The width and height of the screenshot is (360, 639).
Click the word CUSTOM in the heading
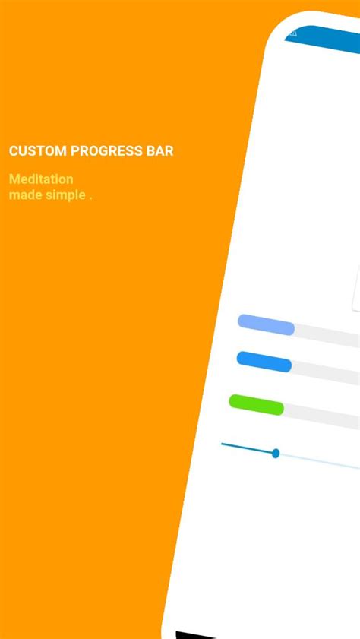point(37,150)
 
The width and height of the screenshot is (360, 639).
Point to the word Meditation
point(41,179)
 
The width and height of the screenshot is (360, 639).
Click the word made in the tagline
point(23,195)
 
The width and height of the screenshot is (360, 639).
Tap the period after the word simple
point(90,197)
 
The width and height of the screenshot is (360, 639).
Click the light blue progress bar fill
point(266,324)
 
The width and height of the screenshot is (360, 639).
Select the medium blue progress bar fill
point(264,361)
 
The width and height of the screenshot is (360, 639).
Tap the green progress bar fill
point(257,404)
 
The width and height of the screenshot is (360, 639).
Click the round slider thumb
point(276,454)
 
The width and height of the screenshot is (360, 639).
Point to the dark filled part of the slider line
point(247,448)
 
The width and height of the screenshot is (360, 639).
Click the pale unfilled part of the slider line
point(319,460)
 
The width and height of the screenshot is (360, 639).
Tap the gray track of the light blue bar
point(327,334)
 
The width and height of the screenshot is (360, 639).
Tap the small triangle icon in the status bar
point(292,33)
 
